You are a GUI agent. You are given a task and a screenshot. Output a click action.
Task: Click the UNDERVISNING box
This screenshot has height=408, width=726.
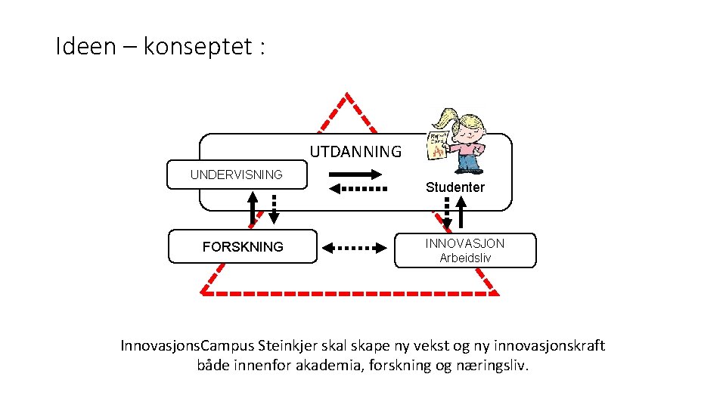click(x=237, y=175)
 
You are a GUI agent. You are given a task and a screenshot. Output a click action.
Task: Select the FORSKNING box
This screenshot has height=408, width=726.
click(x=243, y=246)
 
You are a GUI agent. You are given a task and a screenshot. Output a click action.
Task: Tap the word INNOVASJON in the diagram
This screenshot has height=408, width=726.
click(x=465, y=243)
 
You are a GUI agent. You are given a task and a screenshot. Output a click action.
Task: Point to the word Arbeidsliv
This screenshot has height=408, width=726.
click(x=465, y=258)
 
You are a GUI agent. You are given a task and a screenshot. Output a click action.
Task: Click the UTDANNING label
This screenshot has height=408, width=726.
click(x=355, y=152)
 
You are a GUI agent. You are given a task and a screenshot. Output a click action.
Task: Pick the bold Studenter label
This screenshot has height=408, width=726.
click(x=455, y=187)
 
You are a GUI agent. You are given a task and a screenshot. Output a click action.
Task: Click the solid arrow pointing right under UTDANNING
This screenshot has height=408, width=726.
click(x=355, y=175)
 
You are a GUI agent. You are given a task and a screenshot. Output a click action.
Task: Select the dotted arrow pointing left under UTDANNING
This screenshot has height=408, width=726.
click(x=358, y=189)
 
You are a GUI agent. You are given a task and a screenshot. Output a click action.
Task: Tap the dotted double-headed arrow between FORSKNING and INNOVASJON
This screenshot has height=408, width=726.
click(x=354, y=249)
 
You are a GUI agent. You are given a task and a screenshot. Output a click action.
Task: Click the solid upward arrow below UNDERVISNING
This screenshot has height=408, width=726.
click(x=253, y=209)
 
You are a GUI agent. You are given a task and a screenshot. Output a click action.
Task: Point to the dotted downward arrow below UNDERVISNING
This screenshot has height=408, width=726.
click(x=274, y=209)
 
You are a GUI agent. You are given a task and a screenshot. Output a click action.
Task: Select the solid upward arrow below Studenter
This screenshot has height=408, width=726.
click(x=461, y=212)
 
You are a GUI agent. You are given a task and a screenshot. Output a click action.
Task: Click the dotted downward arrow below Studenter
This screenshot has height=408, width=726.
click(x=447, y=213)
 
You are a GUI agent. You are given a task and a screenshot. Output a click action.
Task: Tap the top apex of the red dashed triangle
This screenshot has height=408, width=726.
click(x=347, y=94)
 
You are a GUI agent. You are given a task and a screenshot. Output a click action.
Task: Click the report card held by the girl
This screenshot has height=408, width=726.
click(x=437, y=146)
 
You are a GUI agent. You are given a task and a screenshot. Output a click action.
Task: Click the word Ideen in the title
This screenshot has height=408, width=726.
click(x=85, y=46)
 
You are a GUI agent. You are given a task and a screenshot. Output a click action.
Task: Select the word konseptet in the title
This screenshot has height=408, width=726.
click(x=197, y=47)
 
